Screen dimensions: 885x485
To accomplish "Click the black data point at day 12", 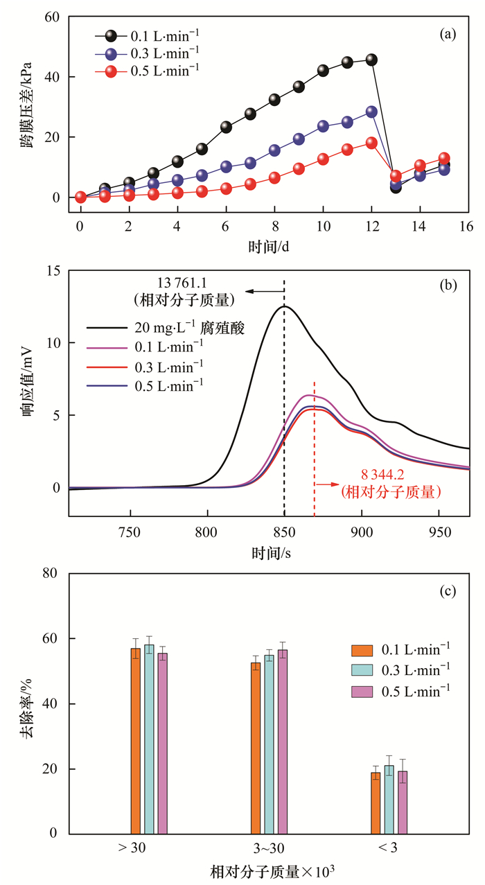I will coord(371,60).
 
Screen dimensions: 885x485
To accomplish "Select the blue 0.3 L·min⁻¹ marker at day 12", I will coord(371,112).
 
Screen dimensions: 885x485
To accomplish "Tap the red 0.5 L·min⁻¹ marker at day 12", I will coord(371,143).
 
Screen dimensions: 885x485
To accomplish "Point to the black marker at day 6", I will coord(226,127).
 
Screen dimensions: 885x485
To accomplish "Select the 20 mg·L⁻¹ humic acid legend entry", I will coord(173,326).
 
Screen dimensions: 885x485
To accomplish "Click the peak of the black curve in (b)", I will coord(284,306).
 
